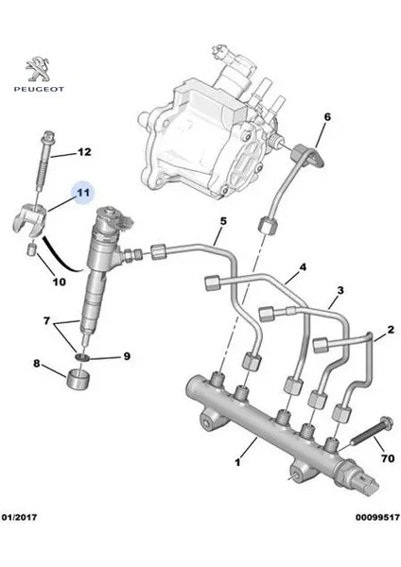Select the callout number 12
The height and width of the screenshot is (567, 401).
click(83, 151)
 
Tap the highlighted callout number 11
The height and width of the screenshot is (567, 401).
click(83, 192)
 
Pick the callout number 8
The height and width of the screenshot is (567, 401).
click(38, 363)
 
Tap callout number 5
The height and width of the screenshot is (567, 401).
click(223, 223)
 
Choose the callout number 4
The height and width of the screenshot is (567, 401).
click(304, 268)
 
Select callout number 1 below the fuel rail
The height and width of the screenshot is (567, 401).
click(237, 464)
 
